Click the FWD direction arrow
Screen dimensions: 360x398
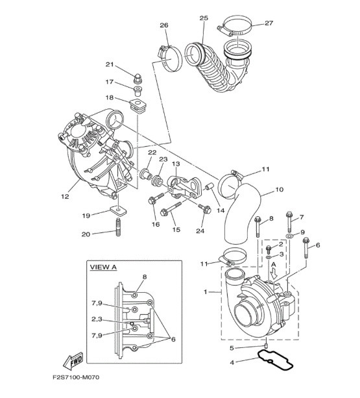point(73,361)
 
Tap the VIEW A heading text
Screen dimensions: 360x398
point(103,267)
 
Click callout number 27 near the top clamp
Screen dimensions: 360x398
point(269,23)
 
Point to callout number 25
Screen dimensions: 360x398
point(204,18)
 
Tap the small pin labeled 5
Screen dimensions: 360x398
point(267,346)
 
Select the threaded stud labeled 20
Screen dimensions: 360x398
point(118,227)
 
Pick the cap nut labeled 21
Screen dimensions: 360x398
point(138,78)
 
